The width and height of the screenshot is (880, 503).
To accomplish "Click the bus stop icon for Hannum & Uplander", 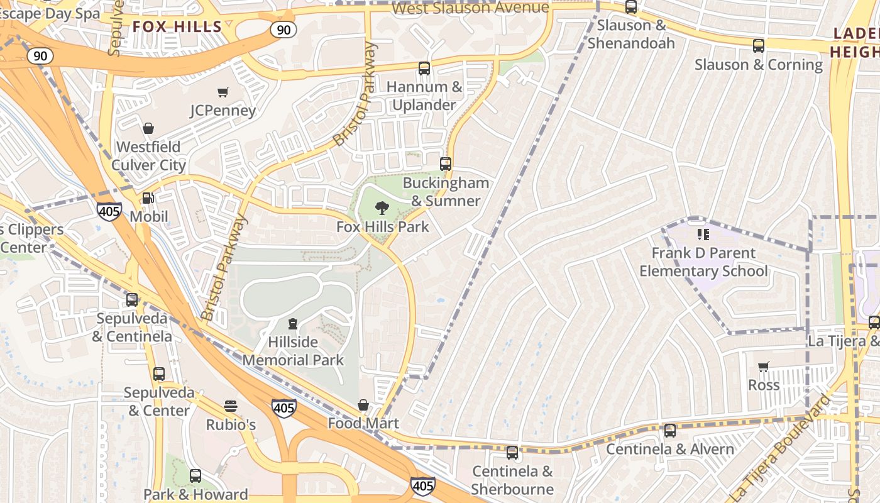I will pos(424,69).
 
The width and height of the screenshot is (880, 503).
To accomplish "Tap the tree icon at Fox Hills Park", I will pos(382,208).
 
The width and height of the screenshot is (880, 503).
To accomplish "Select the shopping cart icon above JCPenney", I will pos(223,92).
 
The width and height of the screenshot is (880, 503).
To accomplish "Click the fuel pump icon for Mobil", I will pos(148,198).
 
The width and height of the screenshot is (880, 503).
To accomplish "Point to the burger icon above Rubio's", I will pos(231,406).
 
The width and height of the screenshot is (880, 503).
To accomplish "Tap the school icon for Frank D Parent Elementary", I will pos(703,235).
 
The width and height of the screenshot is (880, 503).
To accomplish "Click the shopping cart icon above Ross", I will pos(763,367).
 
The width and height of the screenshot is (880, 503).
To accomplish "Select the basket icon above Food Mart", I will pos(363,405).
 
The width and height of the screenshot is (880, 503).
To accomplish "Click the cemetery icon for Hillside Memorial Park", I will pos(292,324).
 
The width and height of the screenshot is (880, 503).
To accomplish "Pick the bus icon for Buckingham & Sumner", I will pos(446,164).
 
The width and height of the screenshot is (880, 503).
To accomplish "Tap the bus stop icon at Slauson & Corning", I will pos(759,46).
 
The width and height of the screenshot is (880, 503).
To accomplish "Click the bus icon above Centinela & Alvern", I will pos(670,431).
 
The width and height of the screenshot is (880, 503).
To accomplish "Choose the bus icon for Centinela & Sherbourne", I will pos(512,453).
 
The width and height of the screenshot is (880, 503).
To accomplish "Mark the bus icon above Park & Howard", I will pos(195,476).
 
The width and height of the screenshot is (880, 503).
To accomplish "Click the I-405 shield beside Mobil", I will pos(109,211).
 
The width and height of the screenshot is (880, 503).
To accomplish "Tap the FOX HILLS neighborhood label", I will pos(177,26).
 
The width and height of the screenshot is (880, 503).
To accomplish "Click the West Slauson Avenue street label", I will pos(470,8).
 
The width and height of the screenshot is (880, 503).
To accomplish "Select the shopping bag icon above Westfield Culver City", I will pos(148,128).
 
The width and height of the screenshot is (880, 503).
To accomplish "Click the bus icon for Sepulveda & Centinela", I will pos(132,300).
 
